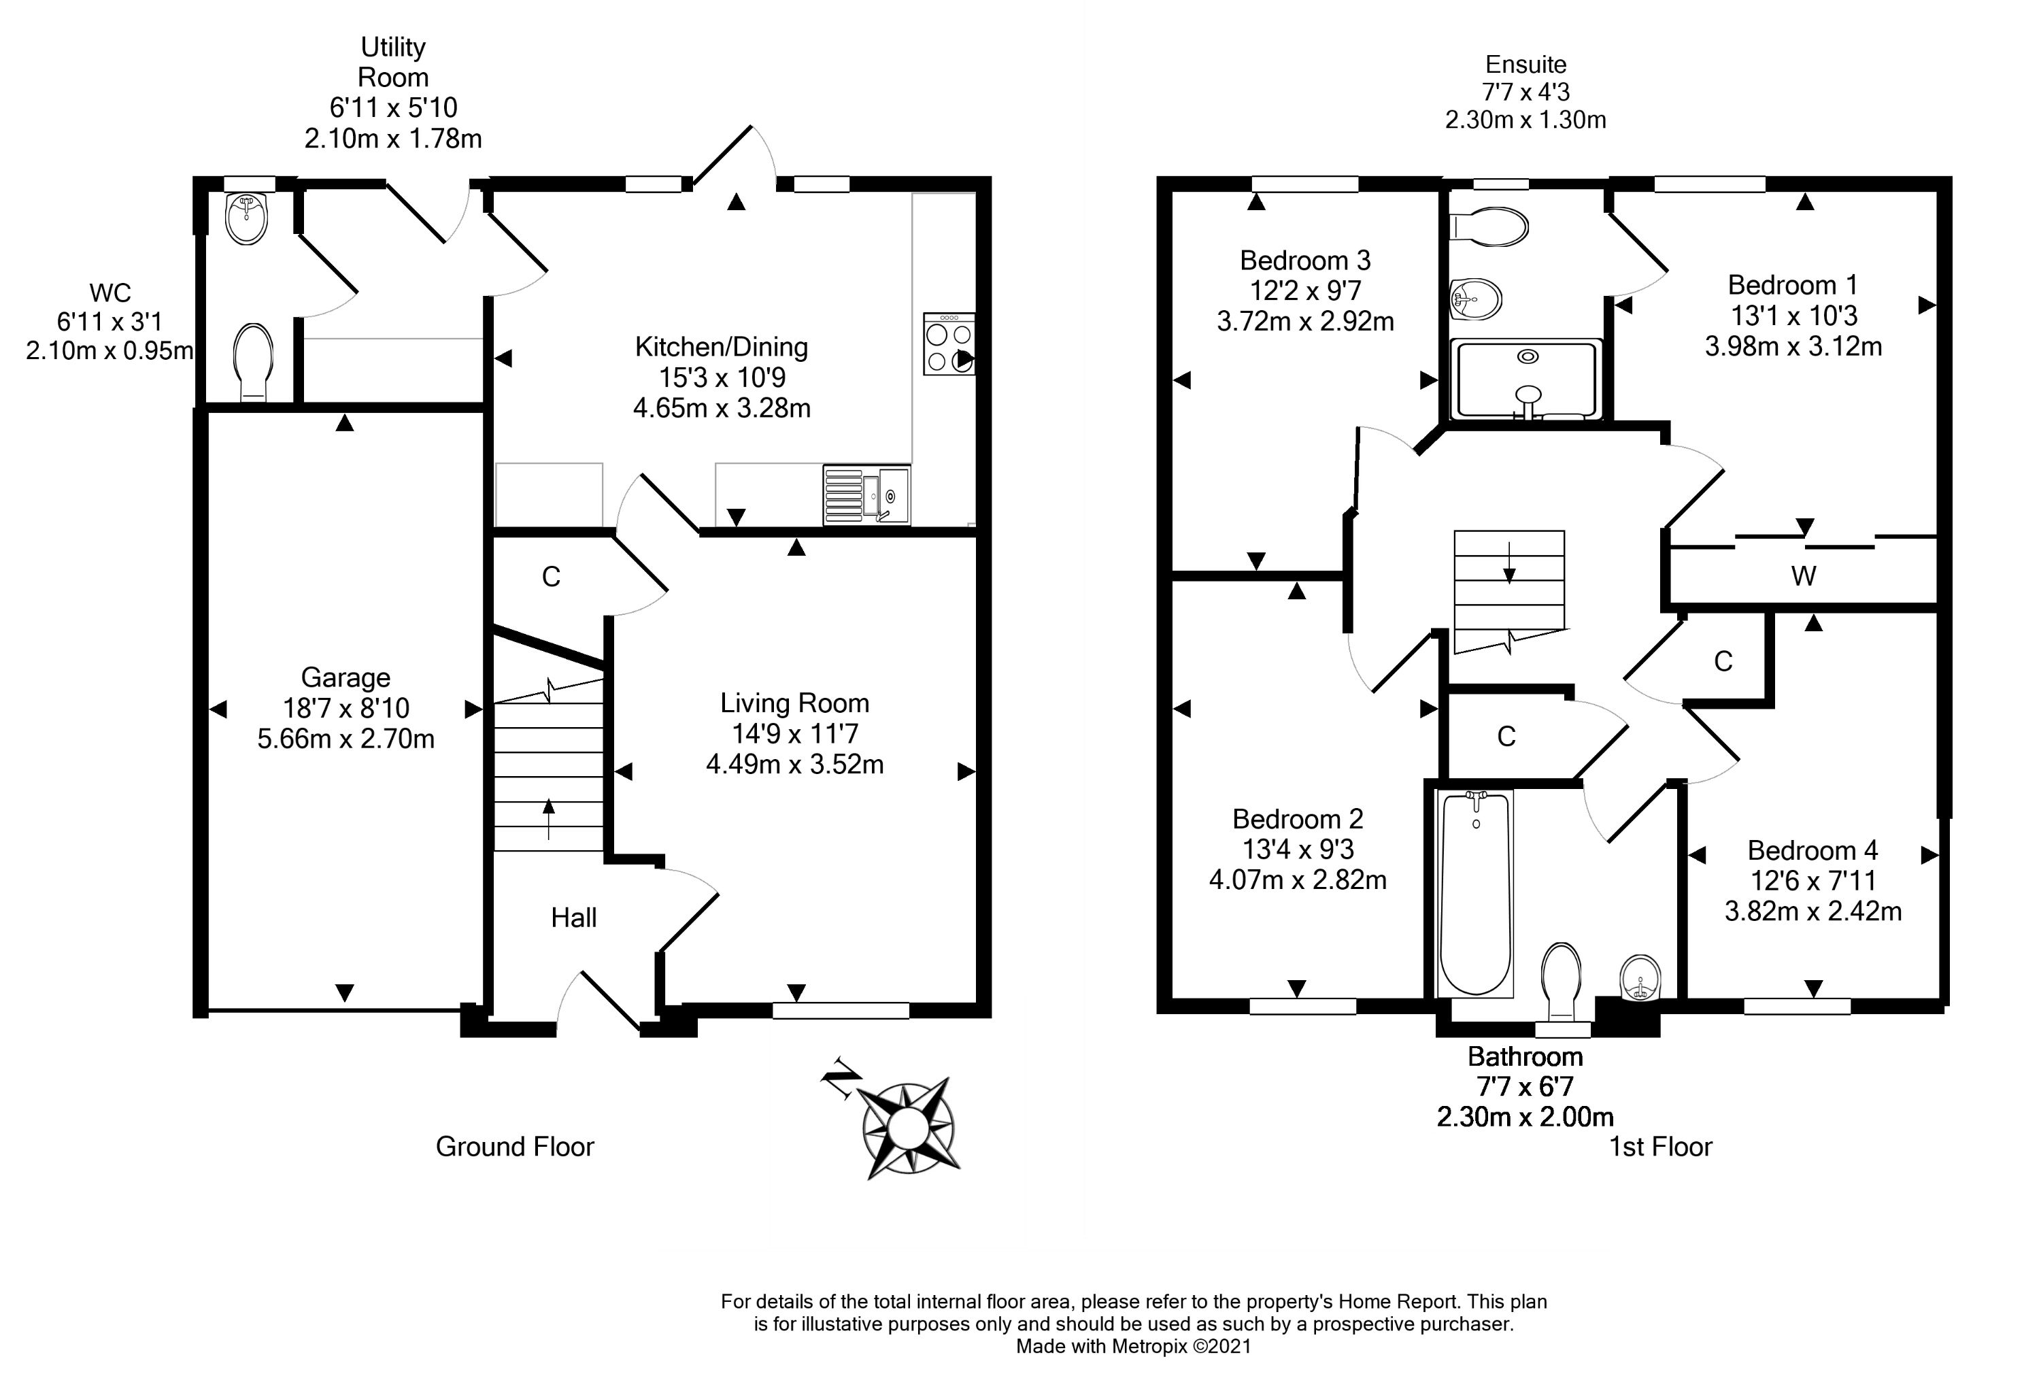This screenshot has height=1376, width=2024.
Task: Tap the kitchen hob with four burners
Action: tap(949, 345)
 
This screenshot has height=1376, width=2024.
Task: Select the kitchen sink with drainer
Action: tap(866, 496)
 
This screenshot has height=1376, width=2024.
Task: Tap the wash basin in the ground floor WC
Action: tap(246, 218)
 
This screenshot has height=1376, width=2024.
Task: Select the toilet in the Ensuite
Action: tap(1489, 228)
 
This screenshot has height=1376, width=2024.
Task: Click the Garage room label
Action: tap(345, 677)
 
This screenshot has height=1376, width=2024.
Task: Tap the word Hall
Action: tap(574, 917)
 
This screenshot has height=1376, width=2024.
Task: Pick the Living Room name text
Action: tap(794, 703)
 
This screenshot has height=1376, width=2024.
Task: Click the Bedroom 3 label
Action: tap(1304, 261)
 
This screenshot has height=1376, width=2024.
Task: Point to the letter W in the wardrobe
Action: tap(1804, 575)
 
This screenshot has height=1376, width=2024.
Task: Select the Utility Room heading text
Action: tap(393, 62)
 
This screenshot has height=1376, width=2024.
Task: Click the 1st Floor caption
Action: tap(1660, 1147)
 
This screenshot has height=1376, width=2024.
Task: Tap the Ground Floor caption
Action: tap(515, 1147)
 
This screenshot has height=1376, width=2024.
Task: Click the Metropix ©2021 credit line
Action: tap(1133, 1346)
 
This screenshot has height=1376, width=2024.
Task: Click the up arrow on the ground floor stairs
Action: tap(549, 819)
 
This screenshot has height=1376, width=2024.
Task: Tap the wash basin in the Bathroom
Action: tap(1642, 978)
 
